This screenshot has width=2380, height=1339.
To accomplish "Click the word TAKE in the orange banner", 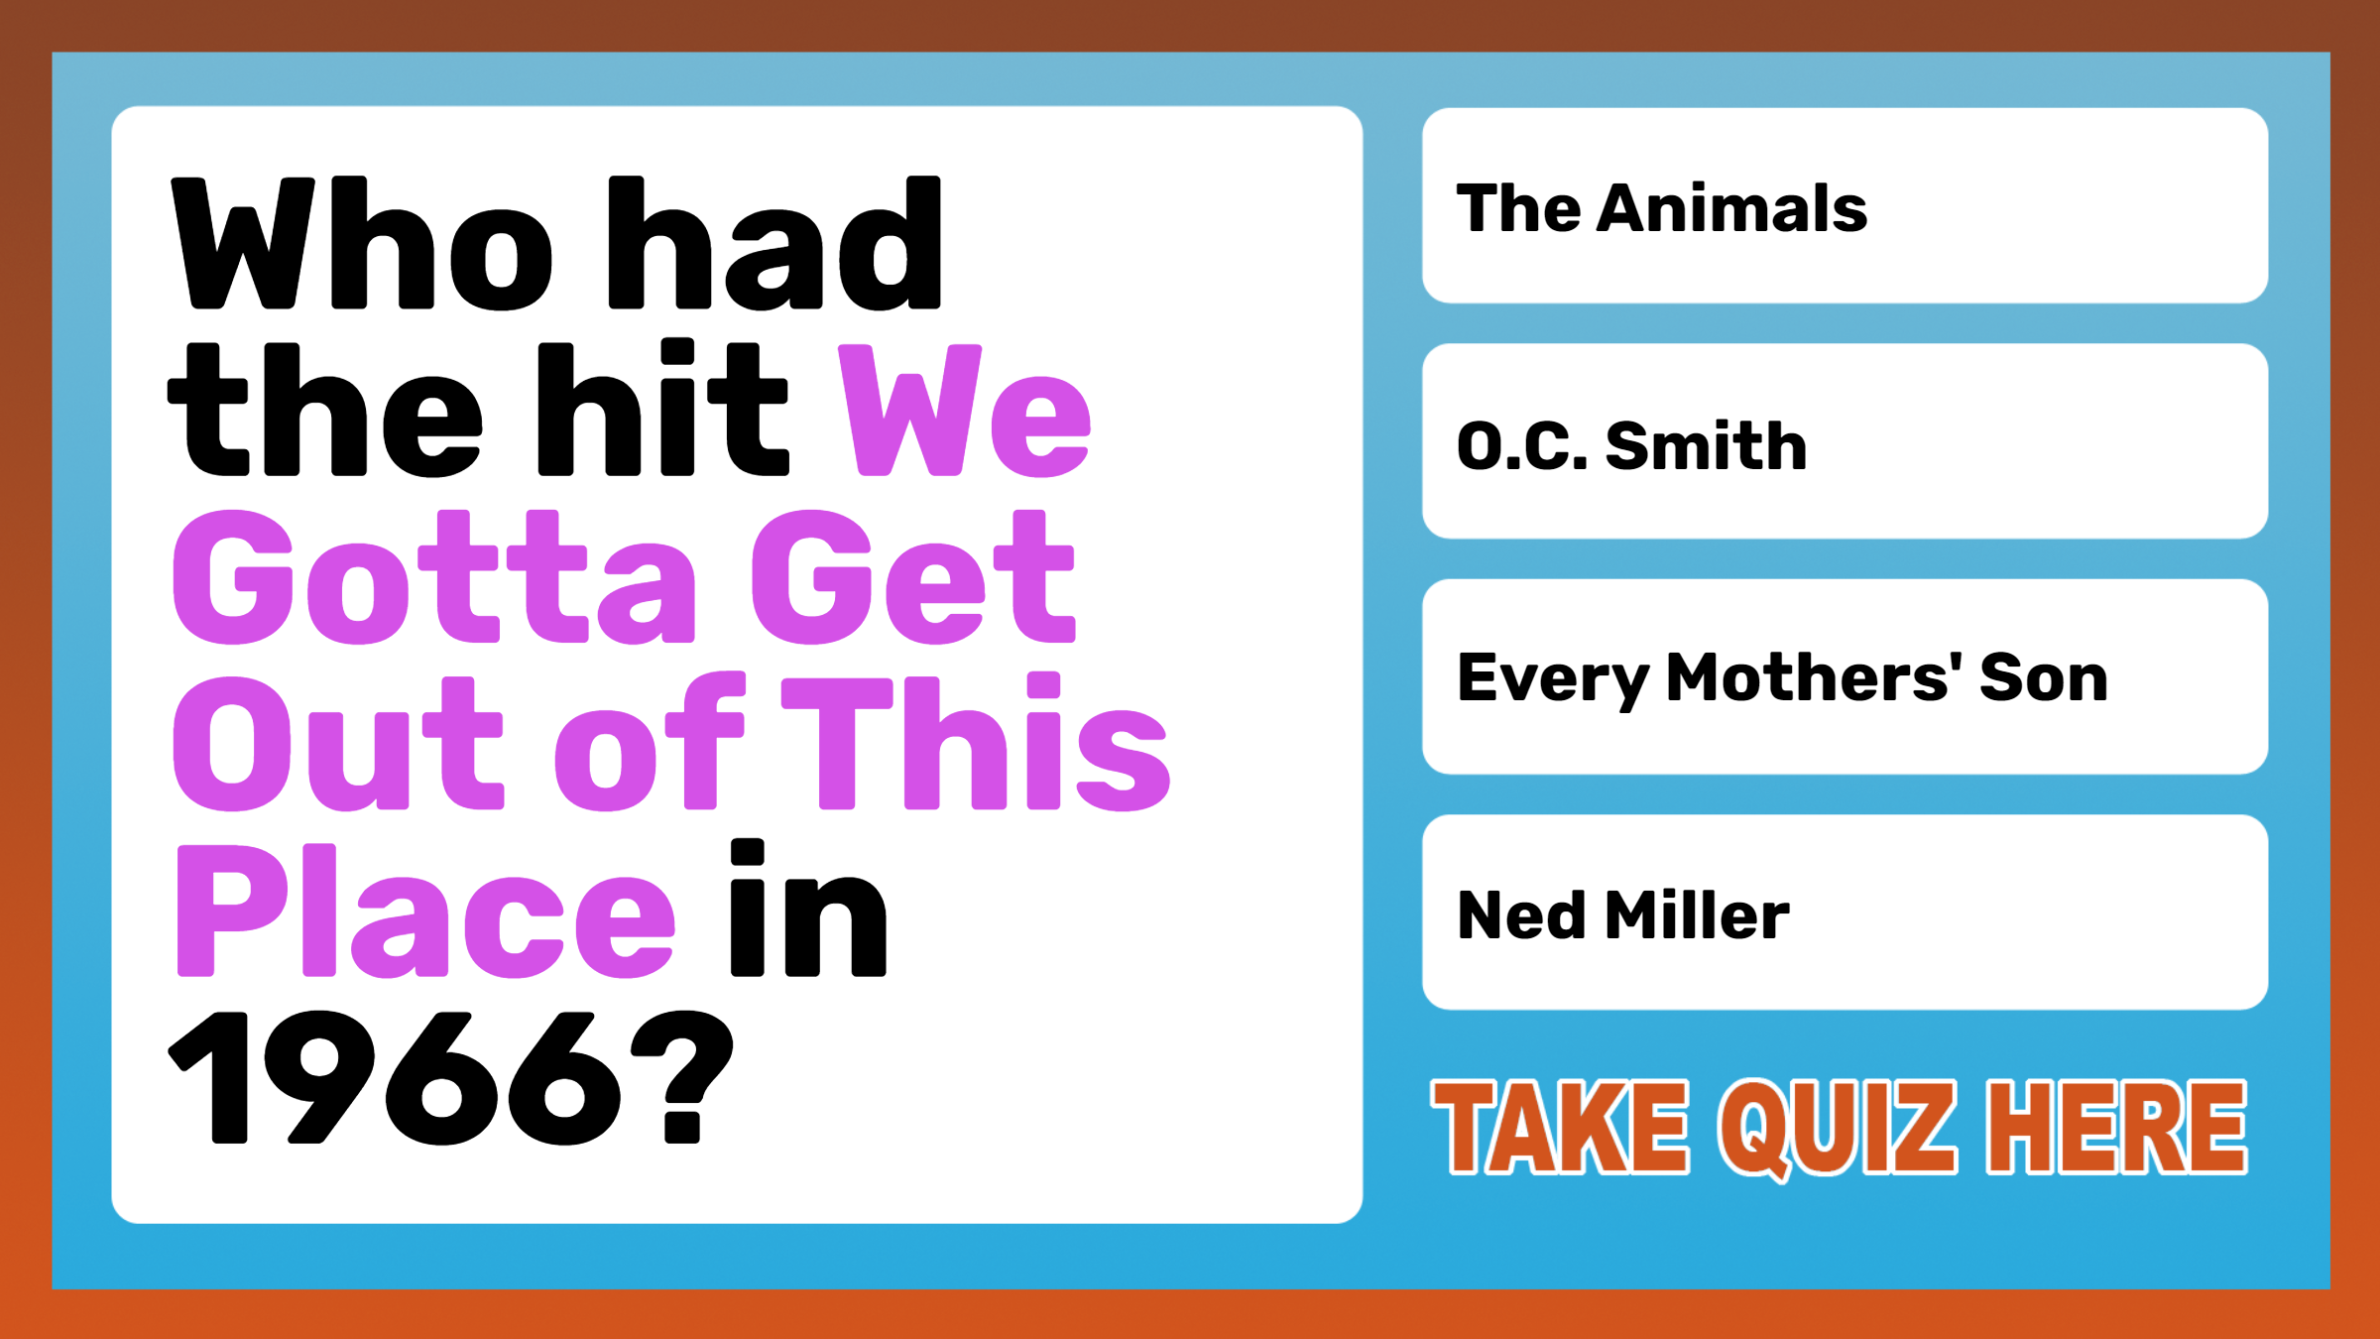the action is pos(1560,1128).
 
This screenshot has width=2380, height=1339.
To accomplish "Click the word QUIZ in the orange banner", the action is pos(1838,1130).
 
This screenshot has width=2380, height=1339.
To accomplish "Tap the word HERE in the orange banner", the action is pos(2117,1128).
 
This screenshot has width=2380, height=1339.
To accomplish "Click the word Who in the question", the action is pos(362,243).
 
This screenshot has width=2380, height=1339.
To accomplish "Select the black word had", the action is pos(774,243).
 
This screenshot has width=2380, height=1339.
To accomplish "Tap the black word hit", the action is pos(662,409).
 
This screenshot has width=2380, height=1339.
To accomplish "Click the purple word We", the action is pos(965,411).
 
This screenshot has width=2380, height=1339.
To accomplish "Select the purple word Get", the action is pos(913,577).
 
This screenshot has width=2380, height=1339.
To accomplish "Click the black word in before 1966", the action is pos(808,909).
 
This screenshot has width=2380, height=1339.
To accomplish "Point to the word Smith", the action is pos(1707,445).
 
